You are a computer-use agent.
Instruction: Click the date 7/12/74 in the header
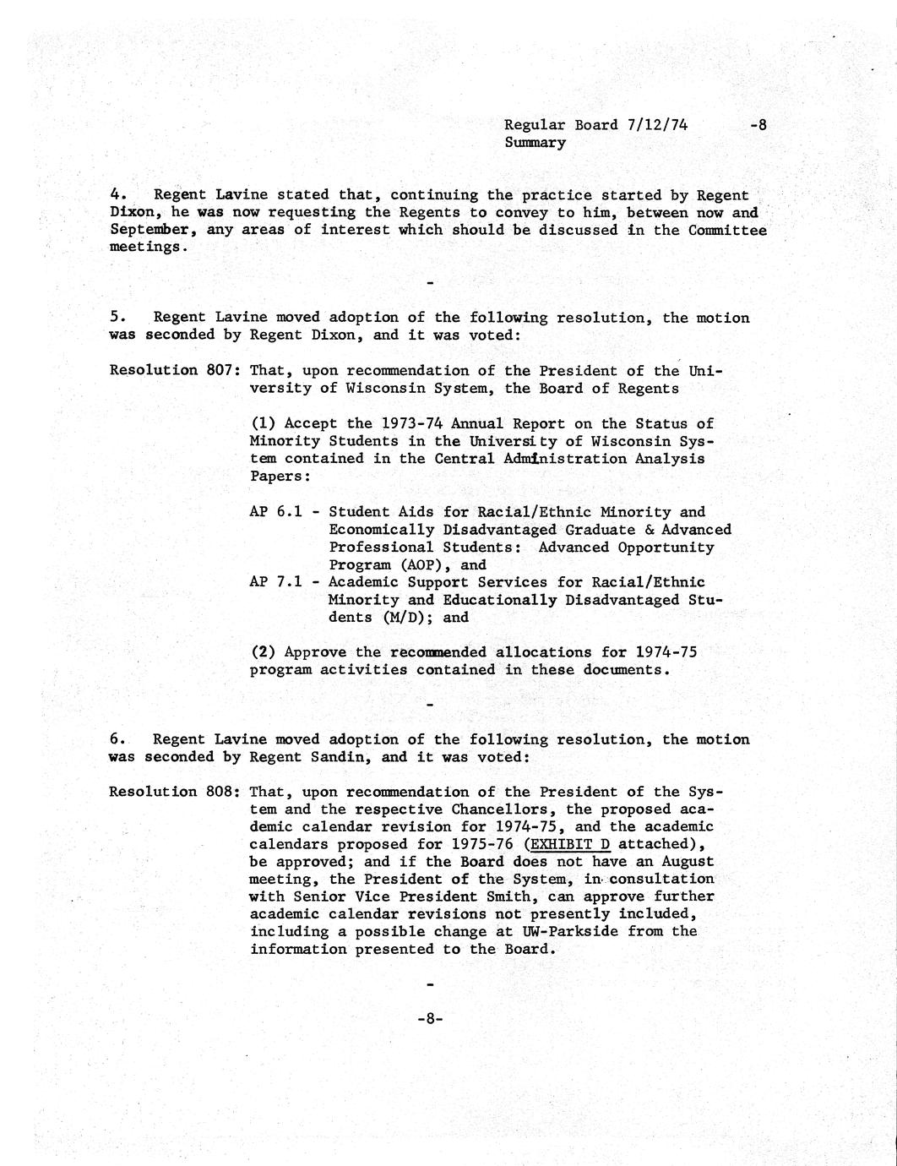657,125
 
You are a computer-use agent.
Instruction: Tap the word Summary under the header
535,143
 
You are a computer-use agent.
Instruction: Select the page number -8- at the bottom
430,1018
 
